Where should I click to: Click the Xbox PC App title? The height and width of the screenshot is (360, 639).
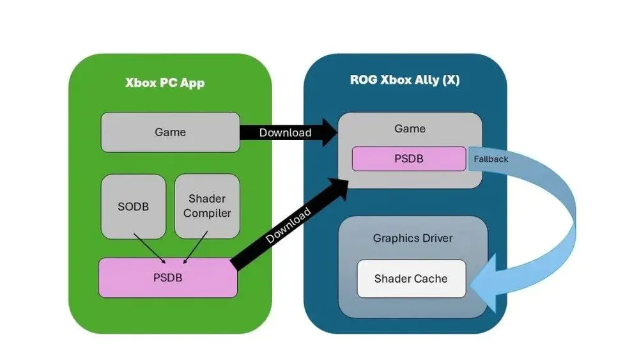[165, 83]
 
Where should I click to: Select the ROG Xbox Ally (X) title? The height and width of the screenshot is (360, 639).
[404, 81]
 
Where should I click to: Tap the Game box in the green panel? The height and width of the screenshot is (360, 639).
[170, 132]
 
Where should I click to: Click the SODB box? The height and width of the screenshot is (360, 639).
[134, 207]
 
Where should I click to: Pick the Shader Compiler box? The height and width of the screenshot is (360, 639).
[207, 207]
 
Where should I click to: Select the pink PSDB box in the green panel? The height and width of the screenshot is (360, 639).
[167, 278]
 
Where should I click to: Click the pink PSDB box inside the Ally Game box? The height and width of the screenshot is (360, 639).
[409, 159]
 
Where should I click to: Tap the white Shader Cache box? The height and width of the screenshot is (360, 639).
[411, 279]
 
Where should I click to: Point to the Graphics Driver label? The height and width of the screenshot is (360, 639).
[412, 239]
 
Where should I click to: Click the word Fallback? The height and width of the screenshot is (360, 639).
[491, 159]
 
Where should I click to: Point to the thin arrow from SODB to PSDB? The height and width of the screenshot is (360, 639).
[150, 247]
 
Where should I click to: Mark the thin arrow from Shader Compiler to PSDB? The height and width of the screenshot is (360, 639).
[196, 247]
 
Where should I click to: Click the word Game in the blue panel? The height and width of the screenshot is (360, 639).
[410, 129]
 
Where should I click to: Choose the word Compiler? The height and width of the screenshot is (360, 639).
[207, 214]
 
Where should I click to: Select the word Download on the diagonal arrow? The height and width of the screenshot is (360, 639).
[289, 226]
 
